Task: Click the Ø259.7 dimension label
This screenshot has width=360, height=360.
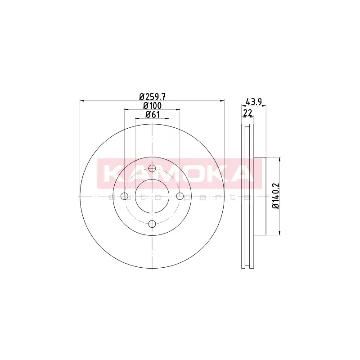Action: [152, 97]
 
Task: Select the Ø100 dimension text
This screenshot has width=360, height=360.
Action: [152, 106]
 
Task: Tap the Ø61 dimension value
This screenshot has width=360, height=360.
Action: [153, 114]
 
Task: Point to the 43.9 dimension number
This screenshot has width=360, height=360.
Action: [254, 102]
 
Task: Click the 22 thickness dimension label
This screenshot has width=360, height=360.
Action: [248, 113]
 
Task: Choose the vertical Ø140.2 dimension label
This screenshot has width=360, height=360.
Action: [275, 196]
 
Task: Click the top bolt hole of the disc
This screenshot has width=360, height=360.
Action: [152, 168]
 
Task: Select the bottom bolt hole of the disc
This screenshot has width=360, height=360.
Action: [152, 224]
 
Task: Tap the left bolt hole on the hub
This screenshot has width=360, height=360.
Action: [125, 196]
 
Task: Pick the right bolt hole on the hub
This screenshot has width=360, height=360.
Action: [180, 196]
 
